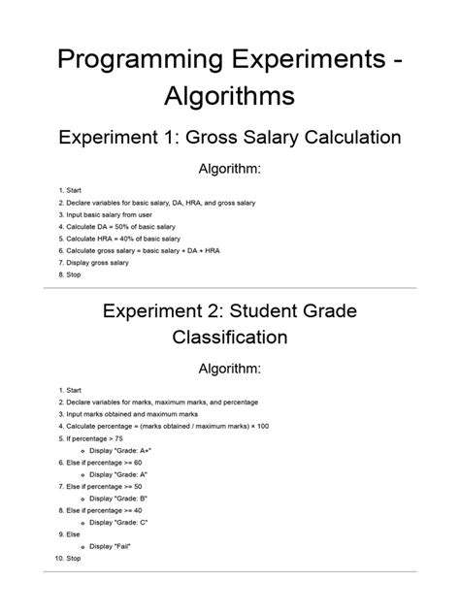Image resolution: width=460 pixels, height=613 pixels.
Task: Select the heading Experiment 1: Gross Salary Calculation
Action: [230, 138]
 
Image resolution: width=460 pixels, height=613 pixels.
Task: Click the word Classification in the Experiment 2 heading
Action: [230, 339]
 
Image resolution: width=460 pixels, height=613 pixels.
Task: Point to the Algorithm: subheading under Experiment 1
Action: [230, 170]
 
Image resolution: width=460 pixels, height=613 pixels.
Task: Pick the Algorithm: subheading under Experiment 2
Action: [230, 370]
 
